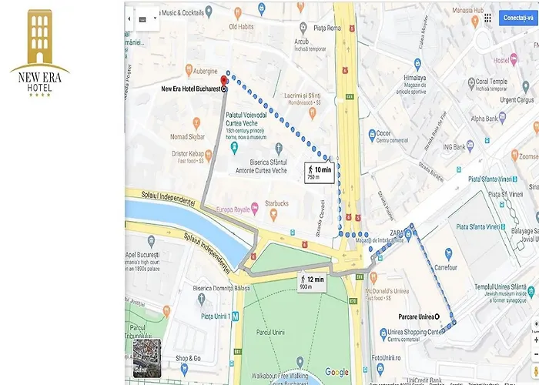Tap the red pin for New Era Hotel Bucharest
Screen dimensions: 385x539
pos(224,80)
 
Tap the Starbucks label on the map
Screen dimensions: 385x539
pos(273,203)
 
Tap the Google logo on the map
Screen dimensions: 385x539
pos(336,372)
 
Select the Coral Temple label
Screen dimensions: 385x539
pos(491,81)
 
